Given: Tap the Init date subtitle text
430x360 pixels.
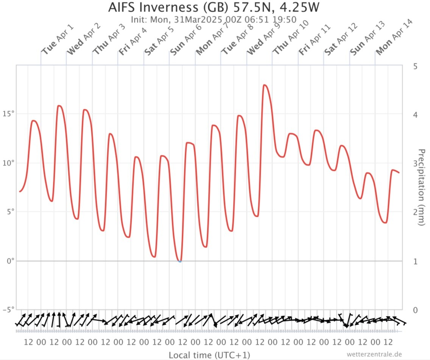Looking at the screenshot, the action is [213, 20].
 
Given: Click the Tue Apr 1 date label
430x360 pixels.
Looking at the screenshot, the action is [58, 39].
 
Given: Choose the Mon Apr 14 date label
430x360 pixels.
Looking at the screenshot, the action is [394, 38].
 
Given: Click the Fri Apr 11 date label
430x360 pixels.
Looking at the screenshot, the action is [315, 39].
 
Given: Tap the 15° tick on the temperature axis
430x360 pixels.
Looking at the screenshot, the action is [8, 114].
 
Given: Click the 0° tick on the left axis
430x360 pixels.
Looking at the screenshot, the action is [11, 261].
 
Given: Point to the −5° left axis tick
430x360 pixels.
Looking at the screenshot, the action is [8, 310].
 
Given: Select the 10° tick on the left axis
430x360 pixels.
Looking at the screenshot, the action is [8, 163].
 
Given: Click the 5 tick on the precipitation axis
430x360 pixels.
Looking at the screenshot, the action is [415, 66].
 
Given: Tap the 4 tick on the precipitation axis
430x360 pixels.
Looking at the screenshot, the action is [415, 115].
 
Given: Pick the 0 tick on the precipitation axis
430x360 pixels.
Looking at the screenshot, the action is [415, 310].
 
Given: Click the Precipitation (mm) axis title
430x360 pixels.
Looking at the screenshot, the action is [421, 188].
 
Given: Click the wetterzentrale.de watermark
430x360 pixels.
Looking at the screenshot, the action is [374, 354].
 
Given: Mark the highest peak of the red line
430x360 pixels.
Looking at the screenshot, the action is [264, 85].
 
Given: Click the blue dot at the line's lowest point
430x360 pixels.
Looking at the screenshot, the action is [180, 261].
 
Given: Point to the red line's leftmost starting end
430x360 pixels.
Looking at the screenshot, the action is [20, 191].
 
